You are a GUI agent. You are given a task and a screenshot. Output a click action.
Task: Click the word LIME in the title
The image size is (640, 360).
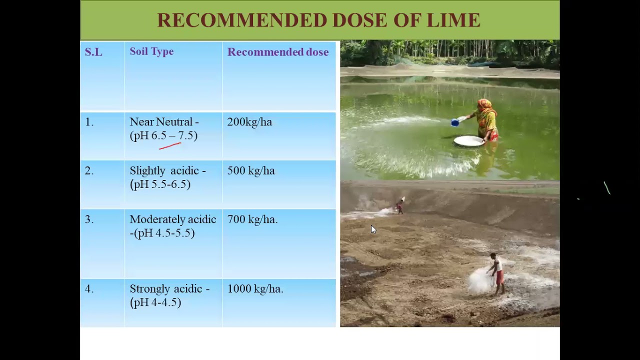point(453,20)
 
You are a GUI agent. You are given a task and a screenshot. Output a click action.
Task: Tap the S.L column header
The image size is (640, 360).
point(93,52)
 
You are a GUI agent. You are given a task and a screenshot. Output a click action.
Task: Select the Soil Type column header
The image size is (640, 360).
point(151,51)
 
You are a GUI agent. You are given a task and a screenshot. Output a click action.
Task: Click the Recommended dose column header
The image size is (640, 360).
point(277,52)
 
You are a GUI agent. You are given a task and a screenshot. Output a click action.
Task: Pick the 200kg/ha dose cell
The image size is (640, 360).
point(249,122)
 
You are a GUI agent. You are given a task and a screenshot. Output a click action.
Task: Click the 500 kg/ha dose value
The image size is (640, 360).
point(251,170)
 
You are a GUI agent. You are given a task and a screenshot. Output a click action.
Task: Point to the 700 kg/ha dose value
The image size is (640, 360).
point(252,219)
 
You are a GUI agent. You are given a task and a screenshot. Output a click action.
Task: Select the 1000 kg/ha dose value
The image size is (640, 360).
point(255,289)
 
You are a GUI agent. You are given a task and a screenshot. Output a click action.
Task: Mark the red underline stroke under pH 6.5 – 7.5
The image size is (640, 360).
point(170,145)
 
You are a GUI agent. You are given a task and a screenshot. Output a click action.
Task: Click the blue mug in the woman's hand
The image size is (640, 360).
point(455,122)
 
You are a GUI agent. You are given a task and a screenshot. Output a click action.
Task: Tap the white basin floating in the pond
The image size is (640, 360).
point(469,141)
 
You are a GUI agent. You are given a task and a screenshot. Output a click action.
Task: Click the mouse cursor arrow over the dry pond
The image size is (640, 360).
point(373,229)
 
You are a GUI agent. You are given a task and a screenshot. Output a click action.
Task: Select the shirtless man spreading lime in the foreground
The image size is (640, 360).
point(496,273)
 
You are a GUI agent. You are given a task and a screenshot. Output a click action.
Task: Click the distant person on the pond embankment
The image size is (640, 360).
point(399,206)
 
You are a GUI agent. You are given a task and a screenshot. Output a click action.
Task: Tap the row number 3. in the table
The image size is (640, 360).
point(89,219)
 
